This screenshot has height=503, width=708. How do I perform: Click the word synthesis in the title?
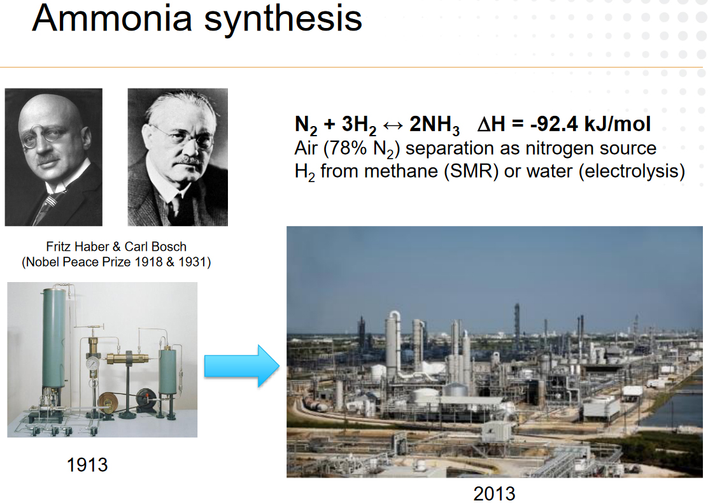(283, 21)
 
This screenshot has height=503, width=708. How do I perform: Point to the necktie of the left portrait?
(45, 208)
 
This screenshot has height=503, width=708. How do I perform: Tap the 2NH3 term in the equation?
(434, 125)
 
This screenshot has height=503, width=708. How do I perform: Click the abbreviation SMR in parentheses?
(471, 171)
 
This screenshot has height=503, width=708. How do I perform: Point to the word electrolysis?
(632, 171)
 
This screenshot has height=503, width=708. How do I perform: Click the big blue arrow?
(241, 365)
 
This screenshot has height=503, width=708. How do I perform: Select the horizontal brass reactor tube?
(128, 358)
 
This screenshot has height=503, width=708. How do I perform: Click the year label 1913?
(87, 465)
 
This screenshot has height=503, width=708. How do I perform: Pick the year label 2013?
(495, 493)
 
